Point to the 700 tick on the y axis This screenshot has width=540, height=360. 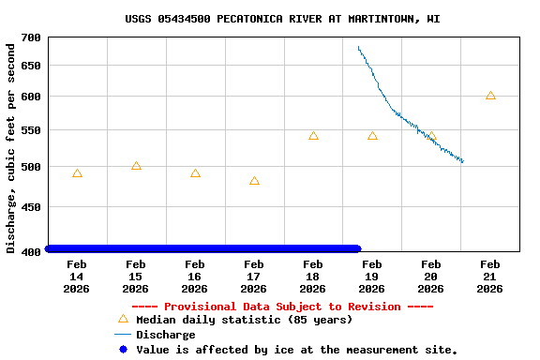click(31, 37)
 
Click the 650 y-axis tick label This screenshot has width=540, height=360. click(31, 66)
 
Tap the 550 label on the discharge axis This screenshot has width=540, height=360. click(31, 130)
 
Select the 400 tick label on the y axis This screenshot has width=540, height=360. click(31, 250)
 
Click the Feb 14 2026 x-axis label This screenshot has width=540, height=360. click(76, 277)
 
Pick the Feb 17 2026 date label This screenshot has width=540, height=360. click(253, 277)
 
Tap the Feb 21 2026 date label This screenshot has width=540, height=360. click(489, 277)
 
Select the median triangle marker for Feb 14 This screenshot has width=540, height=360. click(77, 173)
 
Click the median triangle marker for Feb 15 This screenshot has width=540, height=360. click(136, 166)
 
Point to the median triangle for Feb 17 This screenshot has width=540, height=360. click(254, 181)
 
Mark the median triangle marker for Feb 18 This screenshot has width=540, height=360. click(313, 136)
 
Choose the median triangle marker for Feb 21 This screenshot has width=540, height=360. click(490, 96)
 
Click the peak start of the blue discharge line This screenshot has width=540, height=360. click(358, 47)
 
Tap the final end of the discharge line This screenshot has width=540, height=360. click(463, 162)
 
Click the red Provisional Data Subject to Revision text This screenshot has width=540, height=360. click(282, 307)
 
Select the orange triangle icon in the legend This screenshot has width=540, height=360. click(122, 319)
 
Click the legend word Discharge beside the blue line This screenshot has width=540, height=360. click(166, 335)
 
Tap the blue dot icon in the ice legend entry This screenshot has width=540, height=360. click(122, 350)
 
